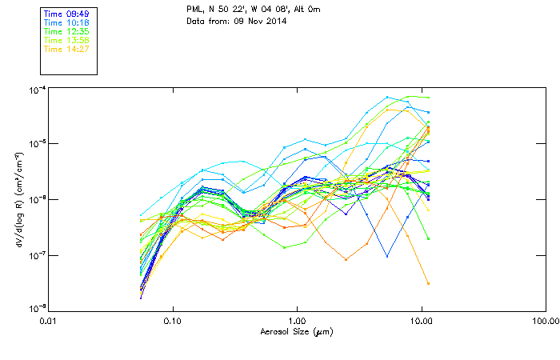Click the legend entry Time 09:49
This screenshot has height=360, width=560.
point(67,14)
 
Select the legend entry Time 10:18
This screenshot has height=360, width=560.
point(67,23)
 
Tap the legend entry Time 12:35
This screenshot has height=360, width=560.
point(67,32)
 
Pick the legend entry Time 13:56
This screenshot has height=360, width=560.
point(67,41)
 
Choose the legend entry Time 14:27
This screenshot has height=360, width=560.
point(67,50)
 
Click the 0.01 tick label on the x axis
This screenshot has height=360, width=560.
point(49,321)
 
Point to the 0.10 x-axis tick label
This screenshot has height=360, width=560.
point(173,321)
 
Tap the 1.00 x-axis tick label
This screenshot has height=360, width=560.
point(298,321)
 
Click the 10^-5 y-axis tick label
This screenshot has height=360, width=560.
point(37,144)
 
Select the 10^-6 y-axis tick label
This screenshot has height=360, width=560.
point(37,199)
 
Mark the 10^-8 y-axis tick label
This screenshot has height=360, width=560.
point(37,309)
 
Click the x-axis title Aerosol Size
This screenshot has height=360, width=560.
point(297,331)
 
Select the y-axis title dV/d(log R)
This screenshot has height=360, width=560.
point(18,198)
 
